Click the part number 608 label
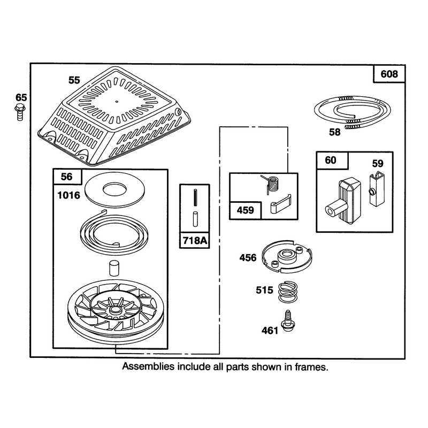(x=389, y=74)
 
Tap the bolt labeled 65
(x=20, y=112)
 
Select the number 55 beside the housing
(x=74, y=80)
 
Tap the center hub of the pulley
(x=114, y=310)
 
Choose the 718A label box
(x=195, y=240)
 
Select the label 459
(x=246, y=210)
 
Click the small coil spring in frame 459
(x=272, y=184)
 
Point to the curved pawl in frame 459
(x=280, y=204)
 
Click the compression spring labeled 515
(x=288, y=292)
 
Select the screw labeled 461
(x=287, y=321)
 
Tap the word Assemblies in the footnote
(x=148, y=366)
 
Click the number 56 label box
(x=67, y=177)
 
